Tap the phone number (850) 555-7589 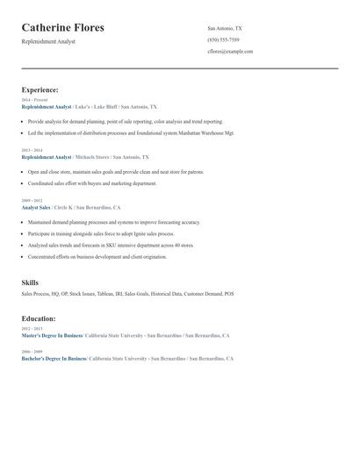click(x=223, y=40)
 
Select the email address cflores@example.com click(x=230, y=52)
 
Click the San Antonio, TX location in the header click(x=225, y=29)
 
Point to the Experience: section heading click(x=40, y=90)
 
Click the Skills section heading click(x=30, y=283)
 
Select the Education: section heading click(x=39, y=318)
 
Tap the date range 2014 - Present click(x=34, y=100)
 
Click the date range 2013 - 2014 click(x=32, y=150)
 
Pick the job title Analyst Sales click(x=36, y=207)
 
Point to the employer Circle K click(x=62, y=207)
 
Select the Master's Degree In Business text click(x=52, y=335)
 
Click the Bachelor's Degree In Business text click(x=54, y=359)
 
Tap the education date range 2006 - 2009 click(x=32, y=351)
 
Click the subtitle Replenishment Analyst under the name click(x=48, y=41)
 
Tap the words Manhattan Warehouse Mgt click(x=207, y=133)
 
